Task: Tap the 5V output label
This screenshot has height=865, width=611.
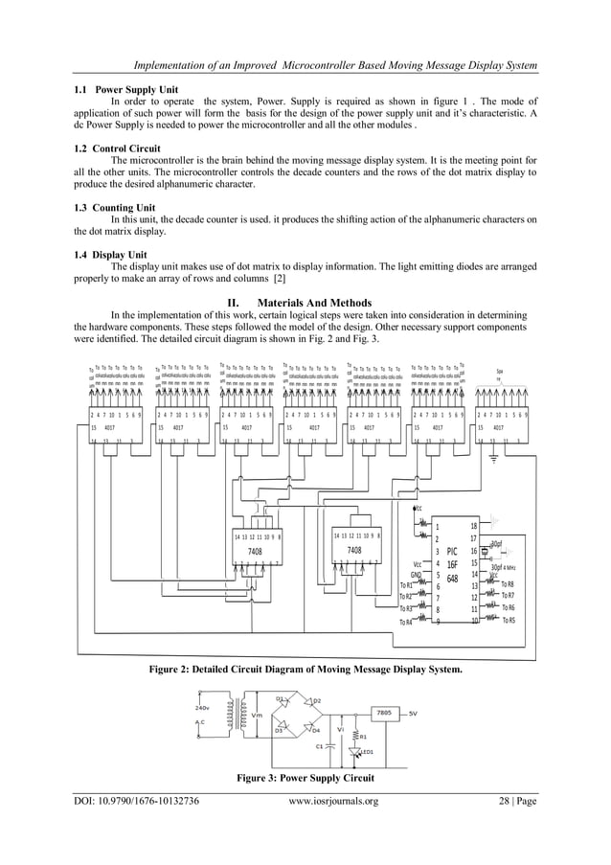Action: [413, 714]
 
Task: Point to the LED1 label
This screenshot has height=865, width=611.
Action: [365, 751]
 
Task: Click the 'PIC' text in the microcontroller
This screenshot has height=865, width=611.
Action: [452, 552]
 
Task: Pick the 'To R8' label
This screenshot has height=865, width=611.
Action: [507, 583]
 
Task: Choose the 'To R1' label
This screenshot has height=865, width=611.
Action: [406, 584]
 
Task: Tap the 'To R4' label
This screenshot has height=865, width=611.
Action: [406, 622]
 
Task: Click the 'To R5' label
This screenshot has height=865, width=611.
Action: [507, 620]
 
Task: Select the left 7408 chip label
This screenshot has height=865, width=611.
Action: [256, 551]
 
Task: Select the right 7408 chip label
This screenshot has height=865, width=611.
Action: [354, 551]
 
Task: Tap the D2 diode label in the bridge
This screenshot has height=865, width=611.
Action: [317, 701]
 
